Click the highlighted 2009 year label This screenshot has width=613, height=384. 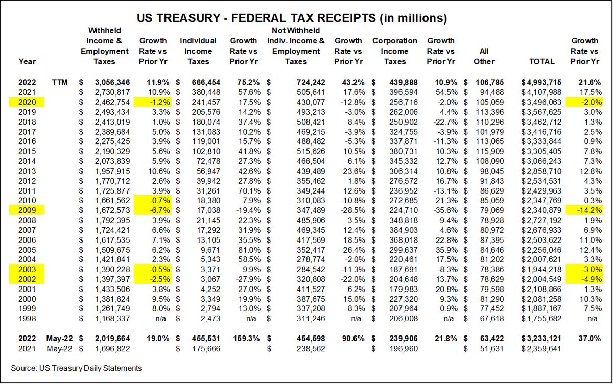(24, 209)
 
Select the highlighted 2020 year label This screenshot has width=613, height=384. (24, 102)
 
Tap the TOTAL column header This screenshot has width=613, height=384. (542, 61)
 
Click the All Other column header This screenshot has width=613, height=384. (484, 56)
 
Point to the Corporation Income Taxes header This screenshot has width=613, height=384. (394, 51)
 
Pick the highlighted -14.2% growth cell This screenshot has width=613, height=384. (584, 209)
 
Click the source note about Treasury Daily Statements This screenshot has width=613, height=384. (76, 368)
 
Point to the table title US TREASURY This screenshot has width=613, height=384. (292, 19)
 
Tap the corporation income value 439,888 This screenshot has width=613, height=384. (399, 82)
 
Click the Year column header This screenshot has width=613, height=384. (27, 61)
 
